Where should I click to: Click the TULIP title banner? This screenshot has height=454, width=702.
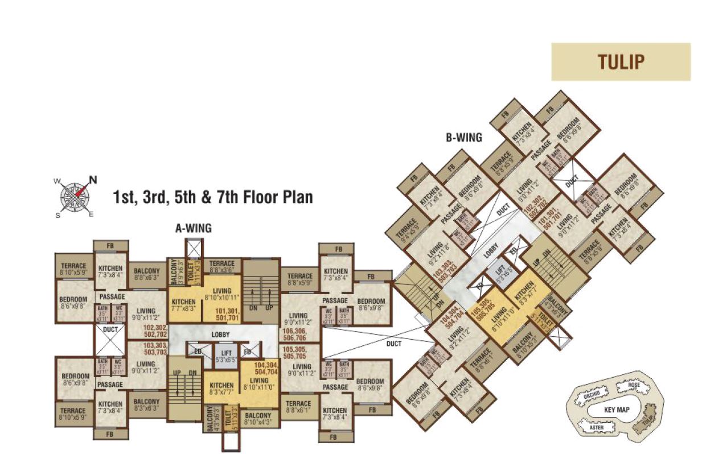[x=621, y=61]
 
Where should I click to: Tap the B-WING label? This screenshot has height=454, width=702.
[x=464, y=137]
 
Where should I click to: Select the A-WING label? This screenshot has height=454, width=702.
[x=193, y=228]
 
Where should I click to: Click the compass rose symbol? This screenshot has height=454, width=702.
[x=74, y=196]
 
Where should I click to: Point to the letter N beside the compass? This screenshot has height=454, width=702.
[x=93, y=180]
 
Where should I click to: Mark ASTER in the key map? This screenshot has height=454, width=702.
[x=596, y=425]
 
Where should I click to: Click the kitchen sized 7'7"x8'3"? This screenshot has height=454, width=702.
[x=183, y=305]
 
